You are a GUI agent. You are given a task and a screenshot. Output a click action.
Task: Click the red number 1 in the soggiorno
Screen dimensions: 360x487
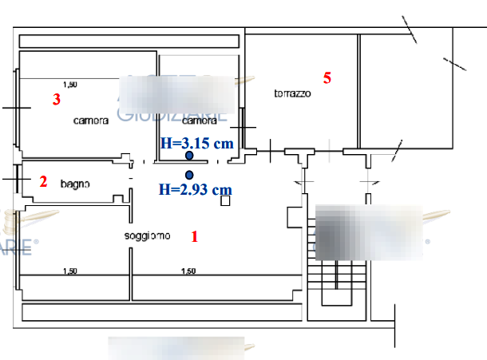tap(193, 236)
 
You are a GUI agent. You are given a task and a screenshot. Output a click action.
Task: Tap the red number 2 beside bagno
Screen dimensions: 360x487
tap(43, 182)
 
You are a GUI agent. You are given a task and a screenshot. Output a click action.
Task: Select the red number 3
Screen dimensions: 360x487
tap(56, 100)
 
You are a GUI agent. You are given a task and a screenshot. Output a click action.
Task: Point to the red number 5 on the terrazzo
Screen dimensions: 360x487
tap(327, 77)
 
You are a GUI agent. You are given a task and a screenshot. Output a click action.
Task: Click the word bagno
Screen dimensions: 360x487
tap(75, 184)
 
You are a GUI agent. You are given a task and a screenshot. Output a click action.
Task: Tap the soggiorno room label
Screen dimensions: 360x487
tap(147, 235)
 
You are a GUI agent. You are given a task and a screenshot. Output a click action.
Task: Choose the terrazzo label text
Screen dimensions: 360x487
tap(292, 93)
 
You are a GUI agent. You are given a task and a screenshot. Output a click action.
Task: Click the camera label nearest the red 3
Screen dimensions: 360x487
tap(90, 121)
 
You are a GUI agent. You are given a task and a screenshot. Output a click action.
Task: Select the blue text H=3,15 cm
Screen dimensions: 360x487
tap(196, 144)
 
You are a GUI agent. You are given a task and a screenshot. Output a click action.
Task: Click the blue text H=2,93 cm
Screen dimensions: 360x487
tap(195, 190)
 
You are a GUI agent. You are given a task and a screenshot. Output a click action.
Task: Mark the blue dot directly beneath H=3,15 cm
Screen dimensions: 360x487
tap(189, 156)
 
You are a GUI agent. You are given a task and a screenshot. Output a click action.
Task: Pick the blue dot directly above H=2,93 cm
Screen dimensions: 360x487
tap(189, 175)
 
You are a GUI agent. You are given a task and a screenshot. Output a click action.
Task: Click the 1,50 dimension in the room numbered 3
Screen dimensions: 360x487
tap(70, 84)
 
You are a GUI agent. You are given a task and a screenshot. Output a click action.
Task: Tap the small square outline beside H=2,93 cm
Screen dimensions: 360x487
tap(225, 201)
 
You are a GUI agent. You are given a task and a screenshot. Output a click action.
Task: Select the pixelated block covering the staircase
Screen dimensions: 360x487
tap(368, 231)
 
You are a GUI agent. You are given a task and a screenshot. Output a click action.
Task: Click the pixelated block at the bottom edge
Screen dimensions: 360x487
tap(176, 348)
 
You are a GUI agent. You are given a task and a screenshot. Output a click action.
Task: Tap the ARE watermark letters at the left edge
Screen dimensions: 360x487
tap(18, 248)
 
